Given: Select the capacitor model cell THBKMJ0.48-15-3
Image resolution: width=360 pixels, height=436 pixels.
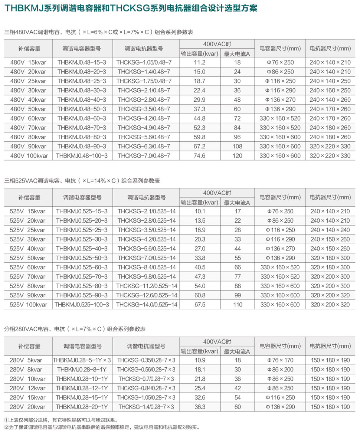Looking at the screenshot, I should pyautogui.click(x=82, y=62).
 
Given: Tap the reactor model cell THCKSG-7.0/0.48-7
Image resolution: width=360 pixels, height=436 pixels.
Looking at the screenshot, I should pyautogui.click(x=144, y=156).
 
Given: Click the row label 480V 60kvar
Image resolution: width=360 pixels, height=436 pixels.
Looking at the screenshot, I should pyautogui.click(x=28, y=118).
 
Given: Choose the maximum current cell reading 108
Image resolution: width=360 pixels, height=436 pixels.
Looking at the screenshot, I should pyautogui.click(x=237, y=146).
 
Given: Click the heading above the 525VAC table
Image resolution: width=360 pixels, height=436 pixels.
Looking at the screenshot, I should pyautogui.click(x=82, y=181).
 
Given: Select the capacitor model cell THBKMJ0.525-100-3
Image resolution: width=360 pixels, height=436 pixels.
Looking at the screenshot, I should pyautogui.click(x=82, y=305).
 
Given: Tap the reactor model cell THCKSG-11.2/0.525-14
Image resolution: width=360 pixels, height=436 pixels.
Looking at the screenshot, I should pyautogui.click(x=147, y=286).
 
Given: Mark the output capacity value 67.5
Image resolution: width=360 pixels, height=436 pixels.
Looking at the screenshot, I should pyautogui.click(x=200, y=305).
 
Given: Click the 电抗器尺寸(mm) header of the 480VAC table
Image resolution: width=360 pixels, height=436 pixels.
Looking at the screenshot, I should pyautogui.click(x=330, y=49).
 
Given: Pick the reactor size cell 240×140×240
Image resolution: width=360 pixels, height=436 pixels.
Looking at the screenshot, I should pyautogui.click(x=330, y=230).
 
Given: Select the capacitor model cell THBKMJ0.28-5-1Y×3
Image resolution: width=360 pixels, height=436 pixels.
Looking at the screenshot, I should pyautogui.click(x=82, y=360).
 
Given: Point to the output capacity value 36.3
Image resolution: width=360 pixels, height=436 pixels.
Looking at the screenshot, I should pyautogui.click(x=200, y=407).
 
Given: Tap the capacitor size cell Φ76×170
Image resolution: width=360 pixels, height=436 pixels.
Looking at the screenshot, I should pyautogui.click(x=280, y=360).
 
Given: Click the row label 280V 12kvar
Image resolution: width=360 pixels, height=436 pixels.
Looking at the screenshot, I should pyautogui.click(x=28, y=388).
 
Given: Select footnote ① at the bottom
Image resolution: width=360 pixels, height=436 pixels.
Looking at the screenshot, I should pyautogui.click(x=61, y=420).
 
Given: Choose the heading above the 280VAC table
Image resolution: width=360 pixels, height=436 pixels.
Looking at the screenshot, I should pyautogui.click(x=75, y=329).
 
